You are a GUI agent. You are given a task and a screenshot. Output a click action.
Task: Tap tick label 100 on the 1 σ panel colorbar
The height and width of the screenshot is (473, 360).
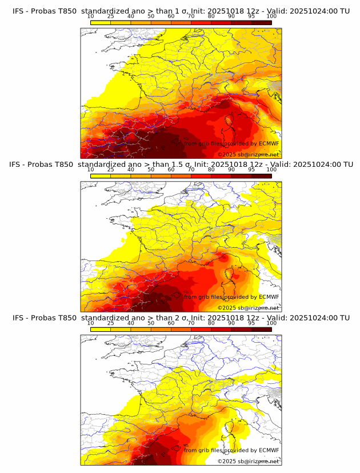point(271,17)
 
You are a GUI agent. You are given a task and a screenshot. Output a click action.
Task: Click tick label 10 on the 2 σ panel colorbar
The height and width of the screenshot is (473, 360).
point(91,323)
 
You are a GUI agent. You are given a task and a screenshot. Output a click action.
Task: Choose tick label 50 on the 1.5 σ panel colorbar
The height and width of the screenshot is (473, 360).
point(151,170)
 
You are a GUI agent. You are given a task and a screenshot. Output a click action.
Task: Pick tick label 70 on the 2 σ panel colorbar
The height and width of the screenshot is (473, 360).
point(191,323)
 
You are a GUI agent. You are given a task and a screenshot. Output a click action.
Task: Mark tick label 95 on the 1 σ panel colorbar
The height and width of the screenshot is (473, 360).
point(251,17)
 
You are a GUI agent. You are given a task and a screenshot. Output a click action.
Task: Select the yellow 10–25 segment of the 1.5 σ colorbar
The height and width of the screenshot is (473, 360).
point(101,175)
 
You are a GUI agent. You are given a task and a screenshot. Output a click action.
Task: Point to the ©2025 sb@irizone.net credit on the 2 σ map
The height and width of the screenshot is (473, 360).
point(248,461)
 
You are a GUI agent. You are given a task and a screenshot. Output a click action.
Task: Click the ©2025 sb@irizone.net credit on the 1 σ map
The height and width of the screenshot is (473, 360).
point(248,155)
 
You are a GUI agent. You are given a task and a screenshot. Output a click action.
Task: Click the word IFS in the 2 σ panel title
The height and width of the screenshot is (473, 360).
point(19,318)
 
